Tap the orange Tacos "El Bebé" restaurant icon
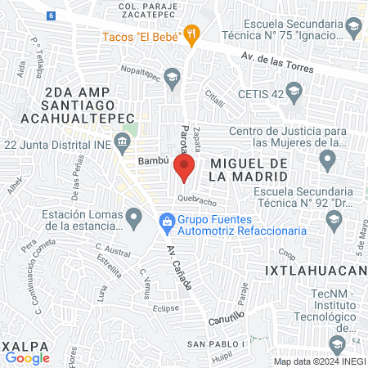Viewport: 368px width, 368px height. tap(193, 34)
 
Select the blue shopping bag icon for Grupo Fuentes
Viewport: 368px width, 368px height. tap(167, 221)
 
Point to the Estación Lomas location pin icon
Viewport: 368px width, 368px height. tap(137, 217)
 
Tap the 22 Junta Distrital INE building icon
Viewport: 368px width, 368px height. tap(122, 145)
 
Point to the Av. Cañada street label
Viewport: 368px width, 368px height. tap(180, 269)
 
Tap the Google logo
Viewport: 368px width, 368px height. tap(27, 357)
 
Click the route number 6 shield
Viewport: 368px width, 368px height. tap(51, 16)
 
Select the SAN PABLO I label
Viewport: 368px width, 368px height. tap(217, 343)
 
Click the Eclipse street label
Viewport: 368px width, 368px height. tap(166, 308)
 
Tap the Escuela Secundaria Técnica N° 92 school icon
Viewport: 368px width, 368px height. tap(333, 219)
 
